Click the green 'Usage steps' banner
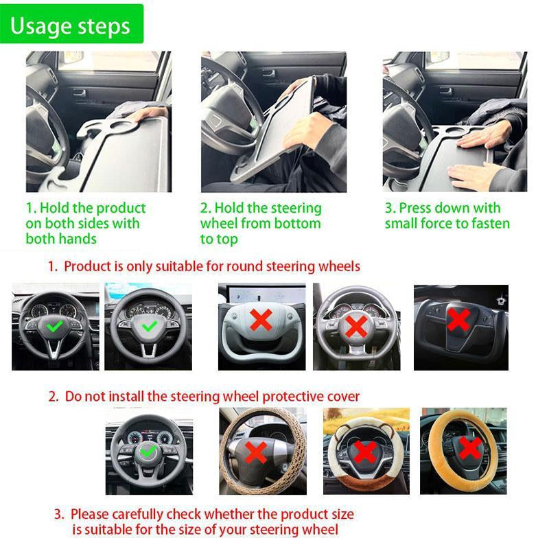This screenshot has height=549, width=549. [x=71, y=25]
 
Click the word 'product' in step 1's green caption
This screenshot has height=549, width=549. [x=121, y=208]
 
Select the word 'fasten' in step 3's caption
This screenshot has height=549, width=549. [x=488, y=224]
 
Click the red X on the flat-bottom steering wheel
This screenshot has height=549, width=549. [x=355, y=327]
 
